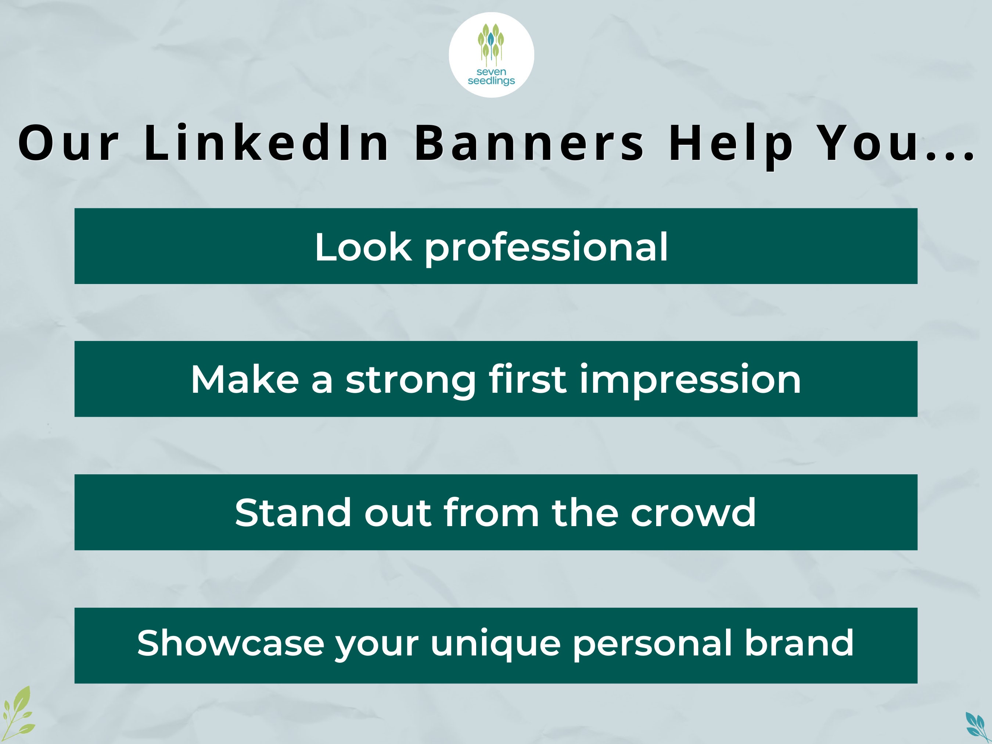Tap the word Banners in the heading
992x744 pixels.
tap(529, 143)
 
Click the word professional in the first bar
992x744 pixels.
tap(546, 248)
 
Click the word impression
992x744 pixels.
tap(690, 380)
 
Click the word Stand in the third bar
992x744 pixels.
tap(293, 512)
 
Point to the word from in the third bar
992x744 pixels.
tap(491, 512)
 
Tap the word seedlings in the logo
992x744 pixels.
tap(491, 81)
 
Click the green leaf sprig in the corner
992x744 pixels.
tap(18, 713)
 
